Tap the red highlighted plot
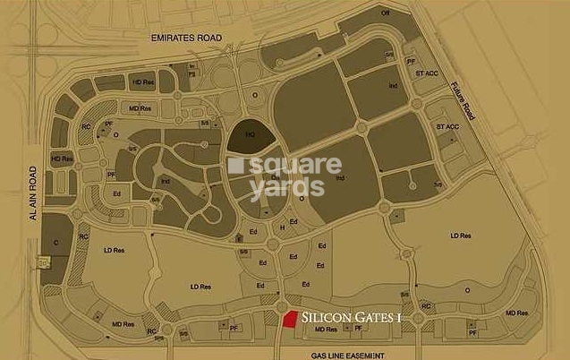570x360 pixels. tap(290, 320)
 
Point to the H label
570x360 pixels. tap(282, 229)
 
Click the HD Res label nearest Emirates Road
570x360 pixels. tap(142, 81)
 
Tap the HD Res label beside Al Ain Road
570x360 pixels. tap(61, 159)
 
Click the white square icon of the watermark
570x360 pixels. tap(235, 166)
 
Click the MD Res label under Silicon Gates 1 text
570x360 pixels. tap(327, 330)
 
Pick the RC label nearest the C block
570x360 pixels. tap(82, 236)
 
